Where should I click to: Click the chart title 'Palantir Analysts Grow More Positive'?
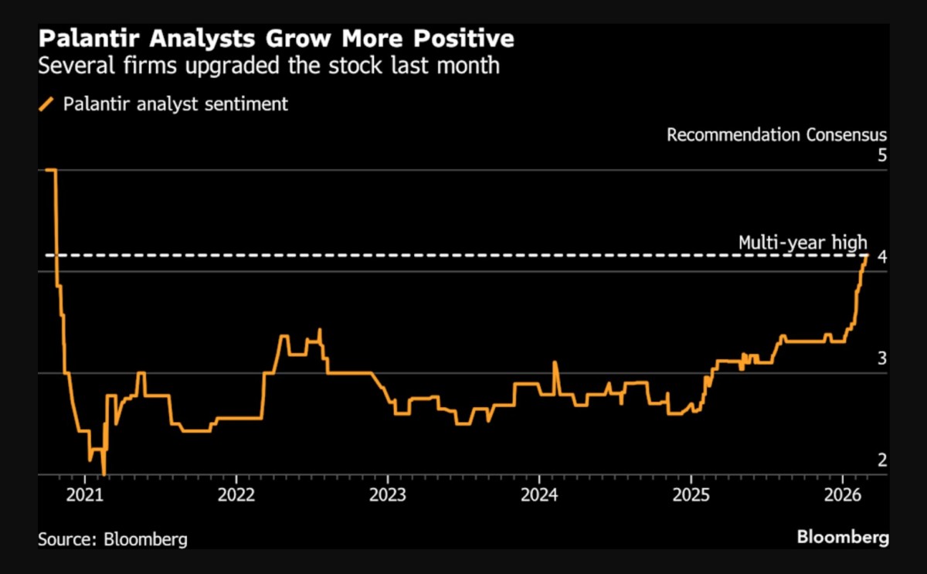click(x=277, y=38)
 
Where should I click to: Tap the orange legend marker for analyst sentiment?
click(x=47, y=104)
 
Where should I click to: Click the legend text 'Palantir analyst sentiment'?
click(x=175, y=104)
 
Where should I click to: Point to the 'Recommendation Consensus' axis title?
click(x=777, y=135)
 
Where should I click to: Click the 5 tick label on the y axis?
click(x=882, y=155)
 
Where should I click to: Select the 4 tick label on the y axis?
click(x=882, y=256)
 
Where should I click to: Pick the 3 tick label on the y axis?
click(x=882, y=358)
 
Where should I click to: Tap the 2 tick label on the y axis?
click(x=882, y=460)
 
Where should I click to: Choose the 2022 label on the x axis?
click(x=235, y=494)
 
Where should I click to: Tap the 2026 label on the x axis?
click(x=844, y=494)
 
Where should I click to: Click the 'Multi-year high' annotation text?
click(x=803, y=242)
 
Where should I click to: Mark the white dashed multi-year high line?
click(x=463, y=255)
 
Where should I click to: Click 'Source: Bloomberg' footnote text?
click(x=113, y=538)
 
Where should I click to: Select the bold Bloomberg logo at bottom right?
click(x=843, y=537)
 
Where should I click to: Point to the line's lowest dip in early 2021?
click(x=104, y=472)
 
